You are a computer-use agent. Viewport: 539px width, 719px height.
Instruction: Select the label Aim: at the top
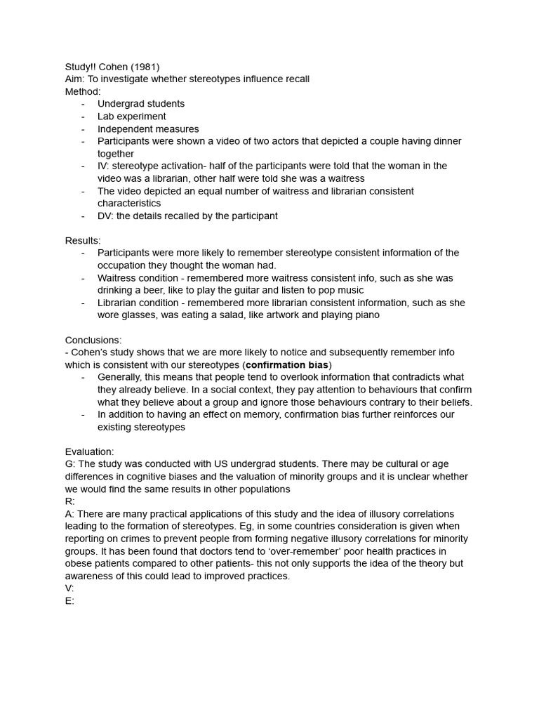[x=75, y=79]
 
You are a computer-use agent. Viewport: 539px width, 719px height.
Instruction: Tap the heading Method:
[x=83, y=91]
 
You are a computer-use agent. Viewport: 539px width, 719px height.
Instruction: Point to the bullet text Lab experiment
[x=132, y=117]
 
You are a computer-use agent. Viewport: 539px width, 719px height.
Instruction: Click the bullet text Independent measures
[x=148, y=129]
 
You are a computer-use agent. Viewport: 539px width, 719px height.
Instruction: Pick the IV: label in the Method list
[x=104, y=166]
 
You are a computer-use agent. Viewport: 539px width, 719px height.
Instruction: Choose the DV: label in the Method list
[x=105, y=216]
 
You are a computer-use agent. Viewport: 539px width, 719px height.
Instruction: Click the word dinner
[x=446, y=141]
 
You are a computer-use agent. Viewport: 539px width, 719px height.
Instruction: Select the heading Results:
[x=83, y=241]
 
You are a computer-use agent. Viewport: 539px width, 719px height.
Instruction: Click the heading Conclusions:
[x=93, y=341]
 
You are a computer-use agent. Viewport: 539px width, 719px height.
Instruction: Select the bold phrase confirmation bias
[x=287, y=365]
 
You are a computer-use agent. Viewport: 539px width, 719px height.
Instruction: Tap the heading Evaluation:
[x=89, y=452]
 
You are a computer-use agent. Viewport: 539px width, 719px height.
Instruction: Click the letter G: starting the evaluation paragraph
[x=70, y=464]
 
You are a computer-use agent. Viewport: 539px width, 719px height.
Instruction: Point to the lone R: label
[x=69, y=501]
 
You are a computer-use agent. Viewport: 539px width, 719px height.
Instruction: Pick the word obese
[x=79, y=564]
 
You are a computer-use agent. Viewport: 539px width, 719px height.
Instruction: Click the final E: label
[x=69, y=601]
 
